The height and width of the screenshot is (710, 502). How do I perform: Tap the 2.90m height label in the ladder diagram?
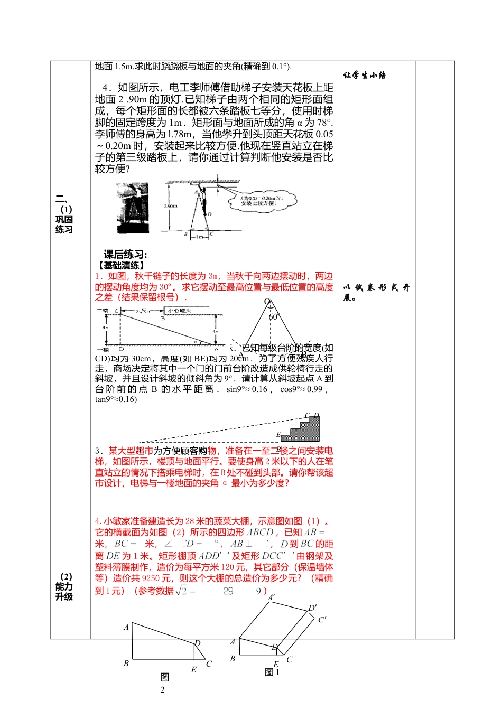tap(171, 206)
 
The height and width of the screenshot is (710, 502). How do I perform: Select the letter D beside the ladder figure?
tap(210, 214)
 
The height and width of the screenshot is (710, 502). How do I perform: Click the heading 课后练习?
tap(125, 255)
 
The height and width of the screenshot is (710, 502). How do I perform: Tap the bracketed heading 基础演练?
tap(121, 265)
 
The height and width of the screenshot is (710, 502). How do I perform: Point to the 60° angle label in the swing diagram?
tap(273, 317)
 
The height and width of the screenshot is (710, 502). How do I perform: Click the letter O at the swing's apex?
tap(267, 302)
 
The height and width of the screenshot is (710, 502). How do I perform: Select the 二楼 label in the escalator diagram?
tap(103, 311)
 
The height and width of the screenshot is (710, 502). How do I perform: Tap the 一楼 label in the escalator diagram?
tap(103, 349)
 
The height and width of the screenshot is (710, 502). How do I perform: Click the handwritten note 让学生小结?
tap(365, 76)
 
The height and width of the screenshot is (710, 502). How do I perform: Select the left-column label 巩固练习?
tap(64, 224)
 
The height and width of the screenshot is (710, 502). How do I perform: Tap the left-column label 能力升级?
tap(64, 591)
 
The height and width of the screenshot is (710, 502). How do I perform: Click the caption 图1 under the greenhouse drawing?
tap(272, 672)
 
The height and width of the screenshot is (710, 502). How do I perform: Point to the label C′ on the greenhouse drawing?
tap(322, 620)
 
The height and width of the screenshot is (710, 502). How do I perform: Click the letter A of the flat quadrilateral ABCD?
tap(126, 627)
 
